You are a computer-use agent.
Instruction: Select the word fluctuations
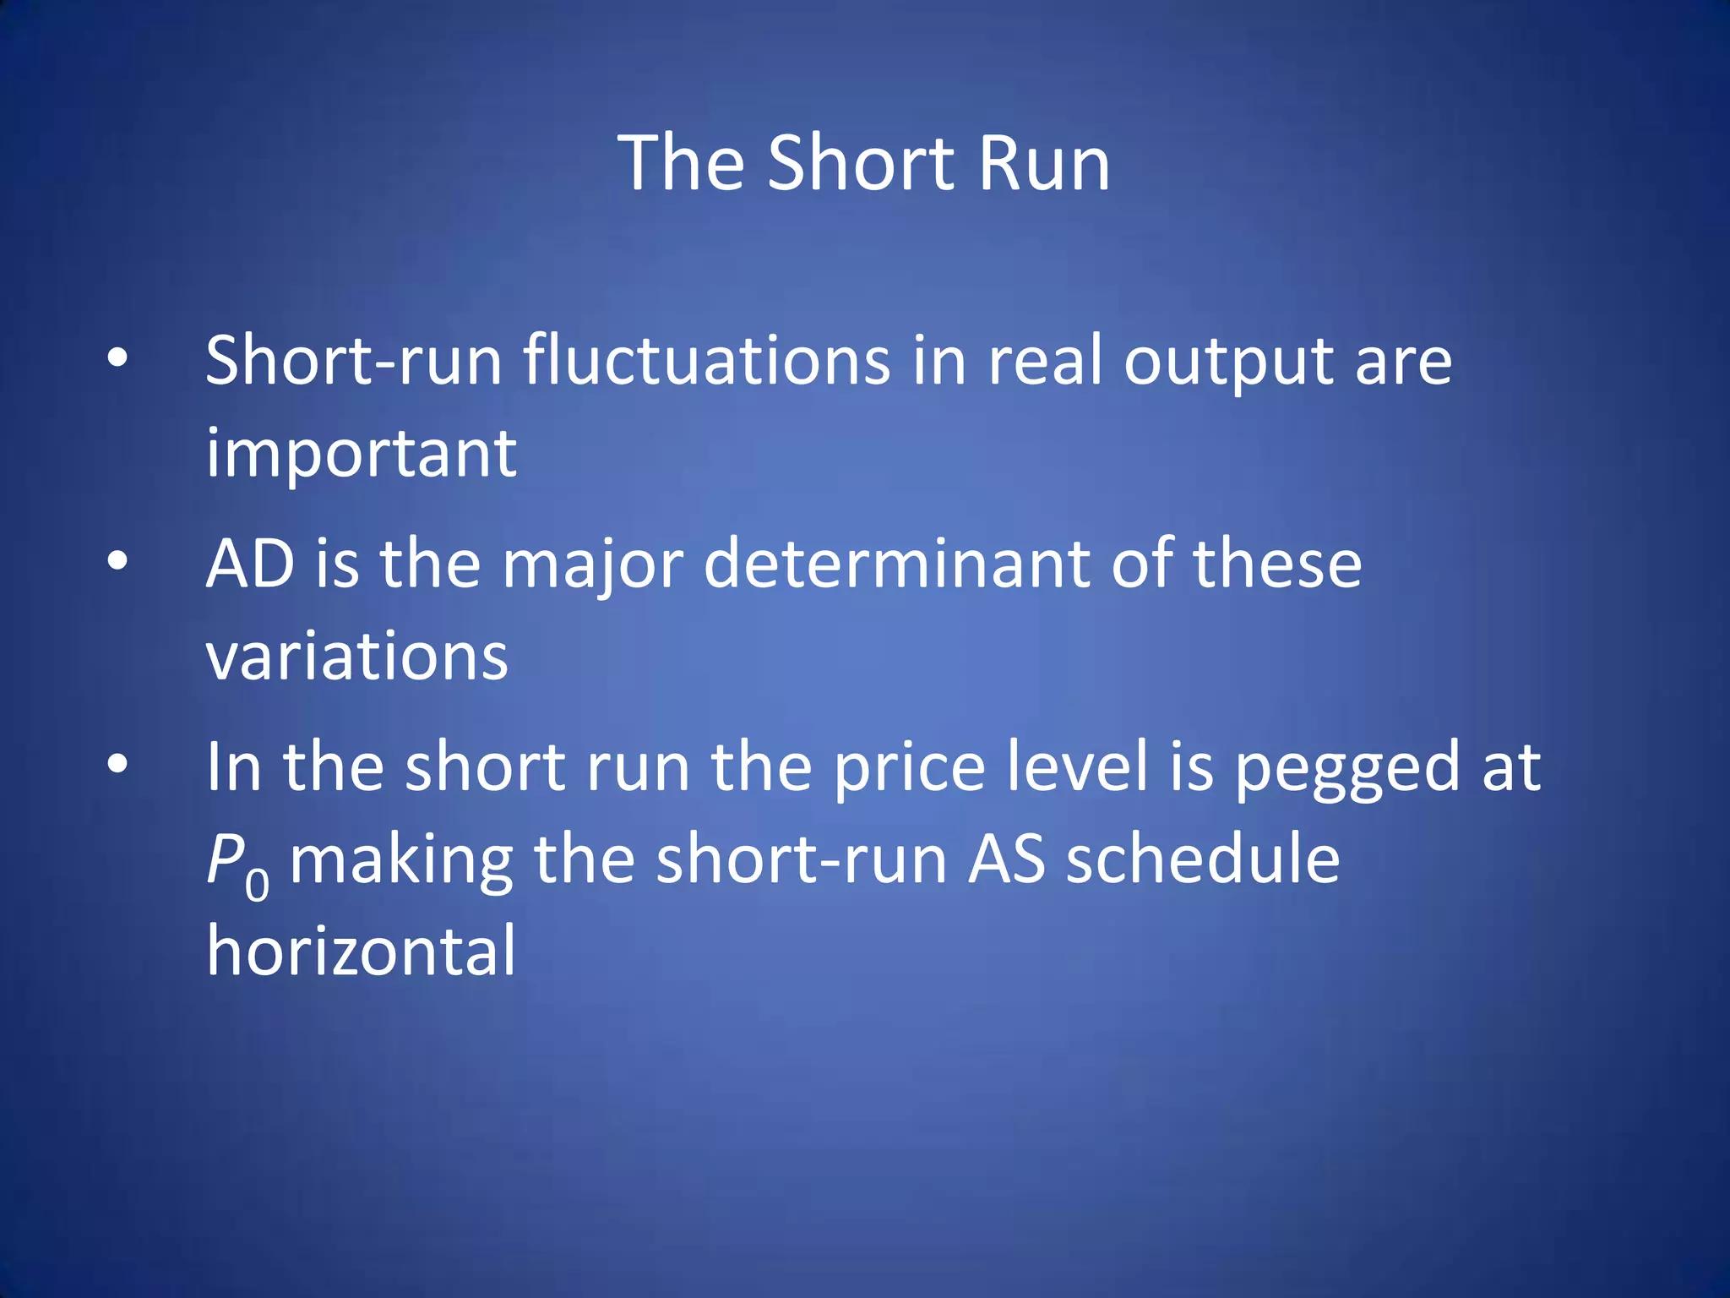[x=706, y=361]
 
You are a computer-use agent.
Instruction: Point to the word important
[x=362, y=455]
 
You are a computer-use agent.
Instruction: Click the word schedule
[x=1202, y=859]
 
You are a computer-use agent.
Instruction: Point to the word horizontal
[x=362, y=951]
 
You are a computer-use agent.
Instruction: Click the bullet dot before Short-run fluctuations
[x=117, y=359]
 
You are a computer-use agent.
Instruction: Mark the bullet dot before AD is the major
[x=117, y=560]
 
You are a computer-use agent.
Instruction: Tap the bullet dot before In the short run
[x=117, y=764]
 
